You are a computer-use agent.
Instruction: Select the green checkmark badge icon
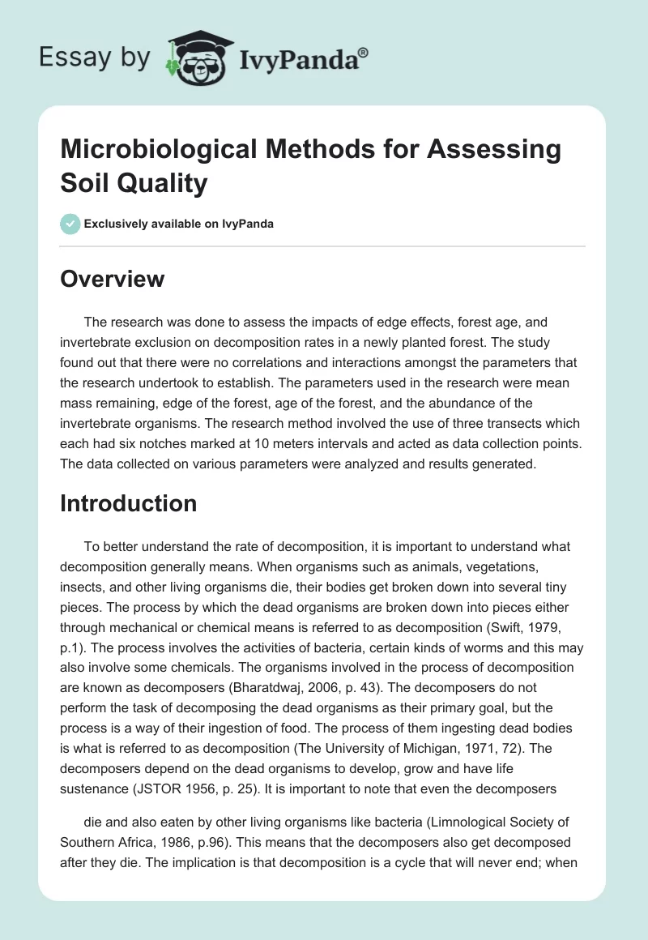tap(70, 224)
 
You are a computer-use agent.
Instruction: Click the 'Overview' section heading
tap(113, 280)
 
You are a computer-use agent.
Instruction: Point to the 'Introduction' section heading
tap(129, 503)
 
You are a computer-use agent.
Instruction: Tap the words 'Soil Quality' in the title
tap(134, 182)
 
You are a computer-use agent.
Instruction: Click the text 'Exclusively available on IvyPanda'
tap(179, 224)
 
